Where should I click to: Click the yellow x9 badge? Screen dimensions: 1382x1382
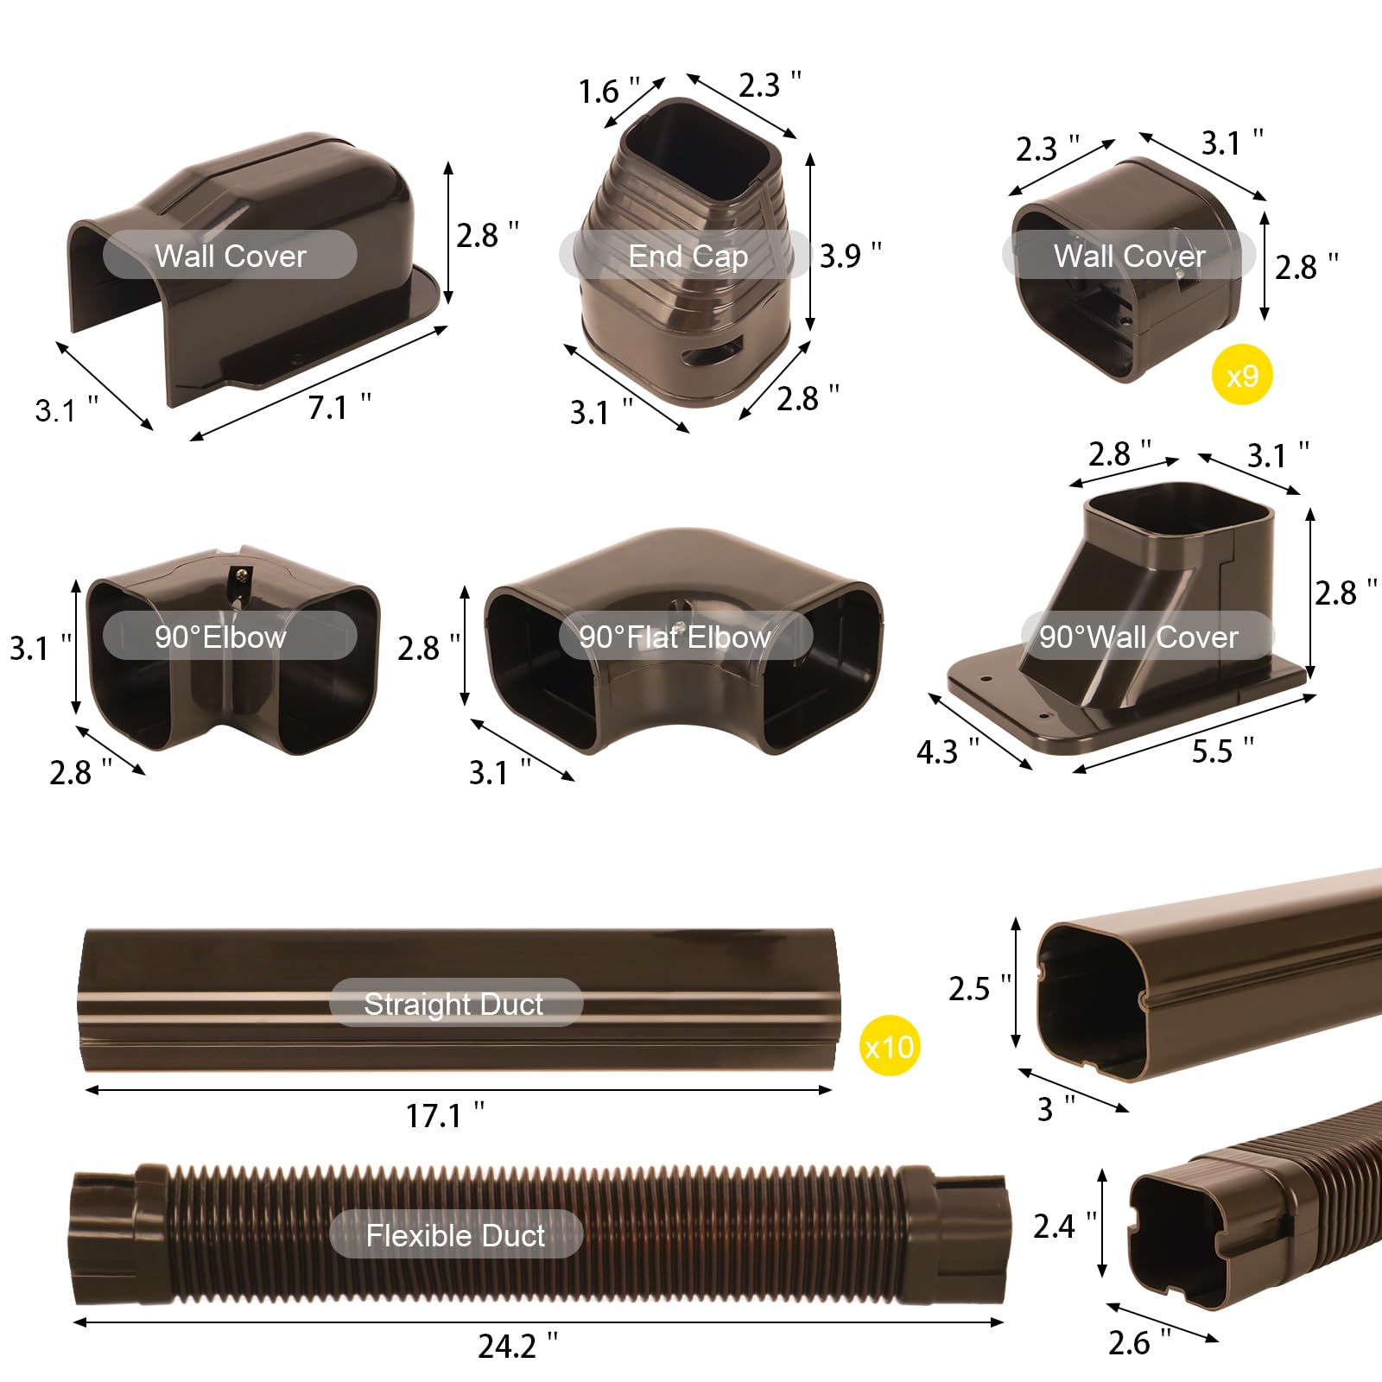click(x=1242, y=375)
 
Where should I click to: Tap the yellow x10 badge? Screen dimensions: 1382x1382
click(x=890, y=1047)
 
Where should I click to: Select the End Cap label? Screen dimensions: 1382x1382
click(x=688, y=256)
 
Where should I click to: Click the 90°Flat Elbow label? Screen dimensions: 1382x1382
click(x=675, y=637)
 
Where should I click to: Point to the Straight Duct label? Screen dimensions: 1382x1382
click(x=454, y=1003)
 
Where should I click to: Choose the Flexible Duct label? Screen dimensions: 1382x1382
click(x=455, y=1234)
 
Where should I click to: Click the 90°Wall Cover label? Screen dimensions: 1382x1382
click(x=1138, y=637)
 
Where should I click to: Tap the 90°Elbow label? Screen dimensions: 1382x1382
click(x=221, y=637)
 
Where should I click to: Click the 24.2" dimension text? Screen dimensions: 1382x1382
click(x=517, y=1345)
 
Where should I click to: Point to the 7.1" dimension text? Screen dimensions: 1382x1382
click(x=339, y=407)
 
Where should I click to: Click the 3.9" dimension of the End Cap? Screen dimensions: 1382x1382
click(x=850, y=256)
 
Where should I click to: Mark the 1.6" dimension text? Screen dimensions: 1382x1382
click(x=608, y=91)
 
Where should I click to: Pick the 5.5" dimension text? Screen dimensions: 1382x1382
click(x=1221, y=751)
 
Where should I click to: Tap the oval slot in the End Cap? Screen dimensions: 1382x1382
click(x=712, y=354)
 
